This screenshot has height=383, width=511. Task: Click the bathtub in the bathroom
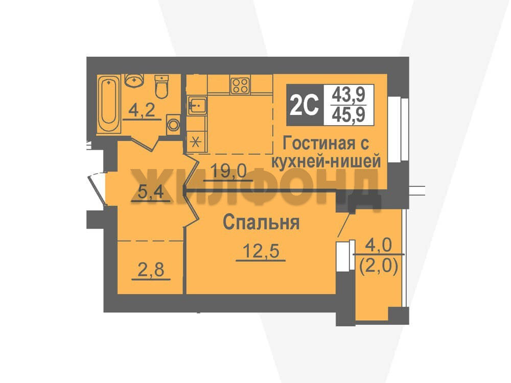tap(109, 104)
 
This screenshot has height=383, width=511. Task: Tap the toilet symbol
tap(161, 86)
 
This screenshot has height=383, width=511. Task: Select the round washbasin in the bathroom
tap(134, 80)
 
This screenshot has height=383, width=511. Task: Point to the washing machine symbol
tap(173, 125)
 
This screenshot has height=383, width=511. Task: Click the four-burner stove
tap(240, 86)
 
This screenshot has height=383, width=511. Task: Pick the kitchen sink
tap(197, 106)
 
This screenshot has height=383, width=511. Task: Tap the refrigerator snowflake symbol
tap(196, 142)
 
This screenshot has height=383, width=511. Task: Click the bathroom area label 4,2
tap(142, 111)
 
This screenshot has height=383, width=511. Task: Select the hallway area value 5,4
tap(151, 193)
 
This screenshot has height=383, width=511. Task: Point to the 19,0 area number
tap(228, 171)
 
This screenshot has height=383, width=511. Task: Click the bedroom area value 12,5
tap(261, 251)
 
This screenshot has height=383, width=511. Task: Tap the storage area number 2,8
tap(151, 270)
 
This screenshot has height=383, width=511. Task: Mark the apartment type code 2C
tap(304, 105)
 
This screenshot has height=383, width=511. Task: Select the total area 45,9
tap(349, 115)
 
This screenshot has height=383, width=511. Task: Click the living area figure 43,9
tap(349, 95)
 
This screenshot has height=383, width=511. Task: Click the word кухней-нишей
tap(326, 161)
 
